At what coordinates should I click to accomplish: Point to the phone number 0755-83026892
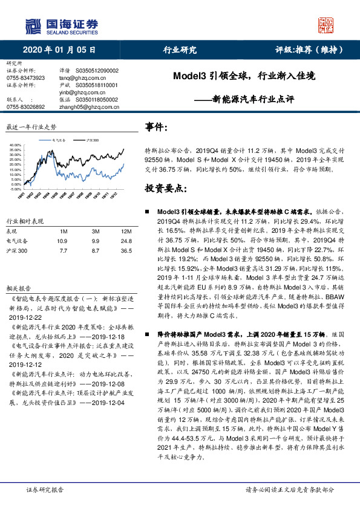click(25, 106)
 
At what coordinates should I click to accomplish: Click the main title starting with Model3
click(244, 77)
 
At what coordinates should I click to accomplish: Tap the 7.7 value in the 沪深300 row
click(63, 250)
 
